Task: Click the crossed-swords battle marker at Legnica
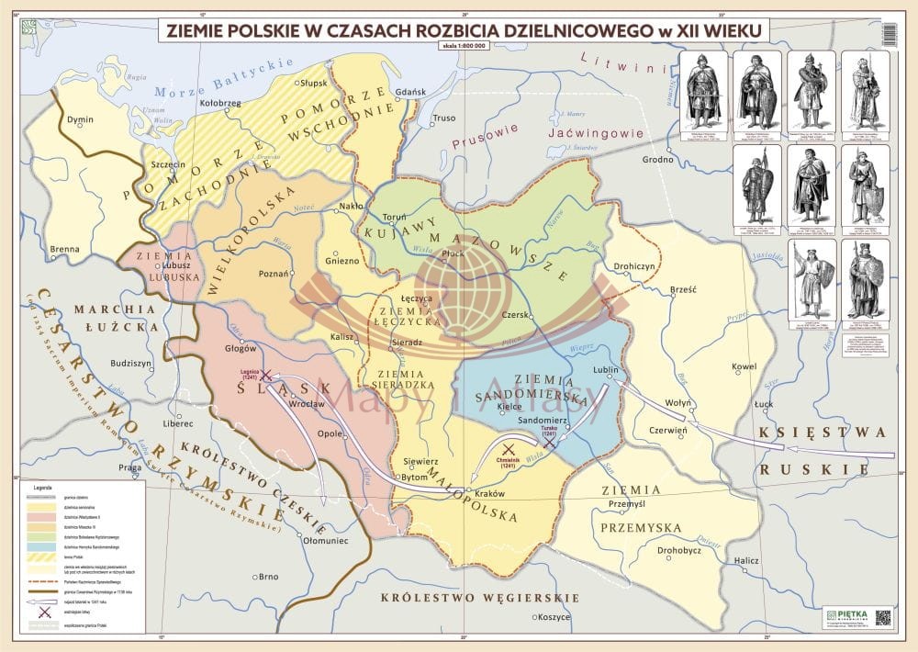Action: (266, 376)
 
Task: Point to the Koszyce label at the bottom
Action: (554, 616)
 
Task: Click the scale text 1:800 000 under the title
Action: (465, 46)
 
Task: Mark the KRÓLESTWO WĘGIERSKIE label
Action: (480, 598)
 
